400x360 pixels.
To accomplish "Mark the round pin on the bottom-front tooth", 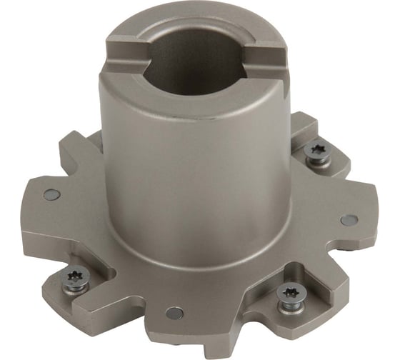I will coord(174,312).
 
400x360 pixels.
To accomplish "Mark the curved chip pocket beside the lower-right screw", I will coord(257,286).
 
